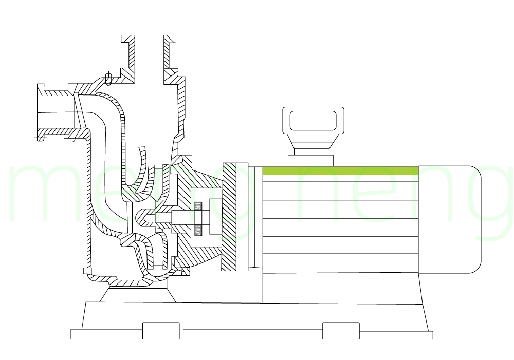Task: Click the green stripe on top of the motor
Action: (340, 170)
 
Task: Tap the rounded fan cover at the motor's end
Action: (449, 219)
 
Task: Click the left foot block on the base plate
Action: (161, 331)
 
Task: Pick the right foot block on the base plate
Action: (341, 331)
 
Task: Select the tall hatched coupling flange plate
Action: (229, 217)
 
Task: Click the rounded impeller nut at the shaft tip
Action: (149, 218)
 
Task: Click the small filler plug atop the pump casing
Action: (108, 78)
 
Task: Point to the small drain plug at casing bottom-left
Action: (86, 271)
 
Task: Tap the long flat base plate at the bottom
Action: (252, 335)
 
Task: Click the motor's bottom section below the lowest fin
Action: (340, 288)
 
